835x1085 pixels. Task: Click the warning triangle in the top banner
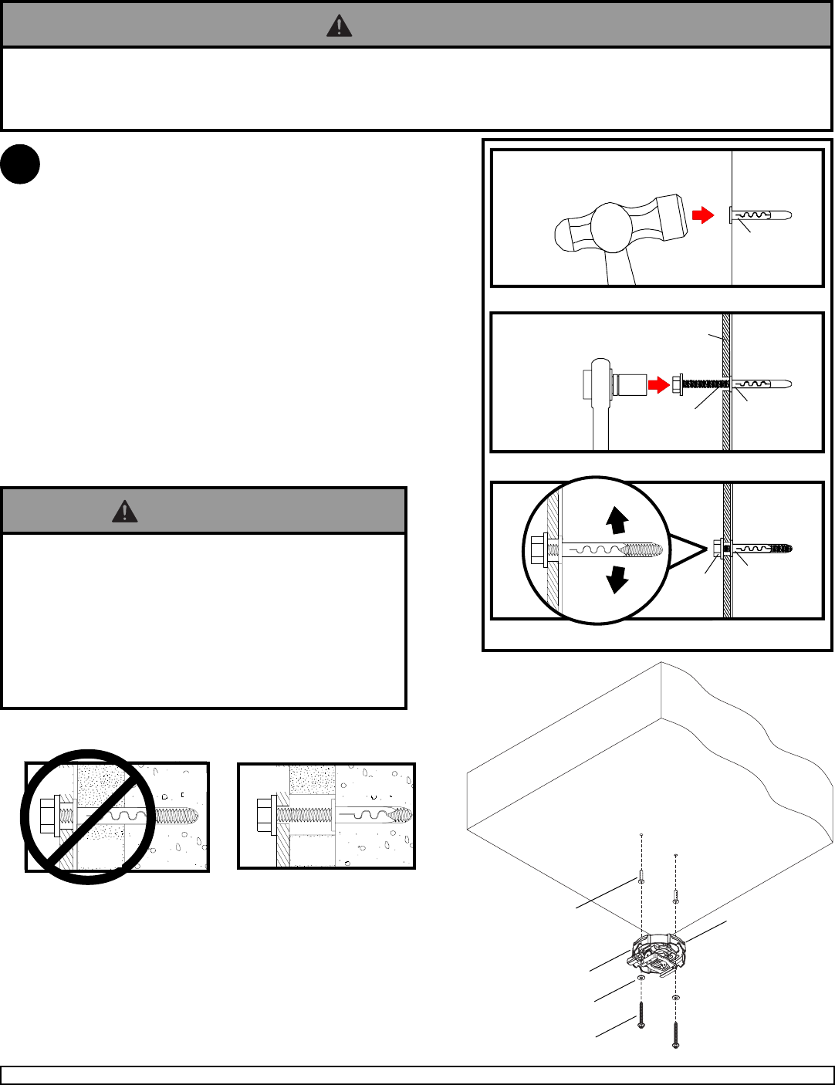point(339,26)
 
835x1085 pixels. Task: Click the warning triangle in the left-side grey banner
point(124,511)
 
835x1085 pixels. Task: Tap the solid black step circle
point(20,164)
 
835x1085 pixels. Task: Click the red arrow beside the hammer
point(702,215)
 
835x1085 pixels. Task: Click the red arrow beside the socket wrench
point(658,384)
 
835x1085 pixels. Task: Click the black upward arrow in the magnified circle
point(616,521)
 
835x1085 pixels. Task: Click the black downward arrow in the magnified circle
point(616,578)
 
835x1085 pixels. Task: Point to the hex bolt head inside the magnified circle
point(537,550)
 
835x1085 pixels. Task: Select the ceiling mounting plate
point(657,954)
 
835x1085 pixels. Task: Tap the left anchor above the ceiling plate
point(641,877)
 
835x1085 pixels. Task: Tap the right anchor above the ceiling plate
point(676,896)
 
